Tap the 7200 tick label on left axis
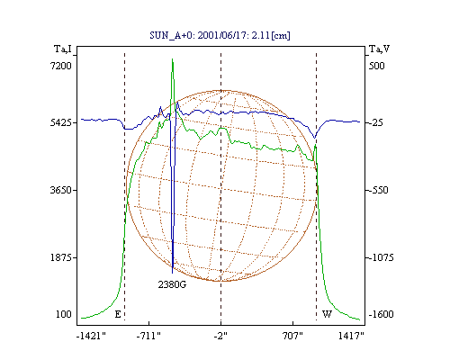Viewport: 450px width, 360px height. pyautogui.click(x=61, y=66)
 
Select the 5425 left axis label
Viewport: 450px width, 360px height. pyautogui.click(x=61, y=122)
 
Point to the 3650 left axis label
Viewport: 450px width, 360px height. pyautogui.click(x=61, y=190)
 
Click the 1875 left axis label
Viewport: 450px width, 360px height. pyautogui.click(x=61, y=257)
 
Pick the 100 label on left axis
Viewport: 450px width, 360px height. pyautogui.click(x=64, y=314)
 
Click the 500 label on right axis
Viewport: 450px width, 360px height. pyautogui.click(x=376, y=66)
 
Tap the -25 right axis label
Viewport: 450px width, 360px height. pyautogui.click(x=375, y=122)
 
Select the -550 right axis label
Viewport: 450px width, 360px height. pyautogui.click(x=378, y=190)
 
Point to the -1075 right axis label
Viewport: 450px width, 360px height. pyautogui.click(x=381, y=257)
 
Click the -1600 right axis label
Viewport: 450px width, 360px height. pyautogui.click(x=381, y=314)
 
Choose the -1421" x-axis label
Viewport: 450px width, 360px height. pyautogui.click(x=91, y=336)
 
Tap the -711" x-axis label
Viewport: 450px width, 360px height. pyautogui.click(x=148, y=336)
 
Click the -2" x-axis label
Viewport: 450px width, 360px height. pyautogui.click(x=220, y=336)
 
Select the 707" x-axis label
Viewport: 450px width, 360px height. pyautogui.click(x=292, y=336)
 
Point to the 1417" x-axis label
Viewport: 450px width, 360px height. pyautogui.click(x=351, y=336)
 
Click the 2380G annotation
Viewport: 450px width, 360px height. pyautogui.click(x=172, y=284)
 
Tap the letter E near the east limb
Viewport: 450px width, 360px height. pyautogui.click(x=118, y=314)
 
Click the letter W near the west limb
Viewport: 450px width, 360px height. pyautogui.click(x=327, y=314)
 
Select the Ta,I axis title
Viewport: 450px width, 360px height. pyautogui.click(x=63, y=49)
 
